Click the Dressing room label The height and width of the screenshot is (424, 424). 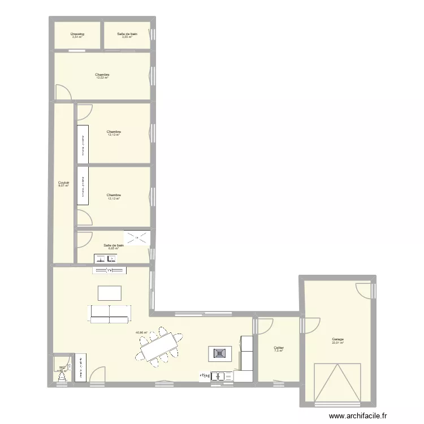77,34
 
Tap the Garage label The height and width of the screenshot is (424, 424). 338,339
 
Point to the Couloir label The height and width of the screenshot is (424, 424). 63,182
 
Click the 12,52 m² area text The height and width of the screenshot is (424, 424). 102,78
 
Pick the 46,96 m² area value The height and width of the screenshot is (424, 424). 141,332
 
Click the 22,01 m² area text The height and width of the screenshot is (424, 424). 338,343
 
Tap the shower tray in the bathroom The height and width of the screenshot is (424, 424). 138,237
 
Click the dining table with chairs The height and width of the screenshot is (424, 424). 159,345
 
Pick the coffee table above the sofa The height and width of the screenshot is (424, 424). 109,293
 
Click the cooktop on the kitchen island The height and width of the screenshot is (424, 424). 219,354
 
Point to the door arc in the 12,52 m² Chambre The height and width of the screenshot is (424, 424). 63,92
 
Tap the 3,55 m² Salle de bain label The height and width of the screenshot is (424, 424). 127,34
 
